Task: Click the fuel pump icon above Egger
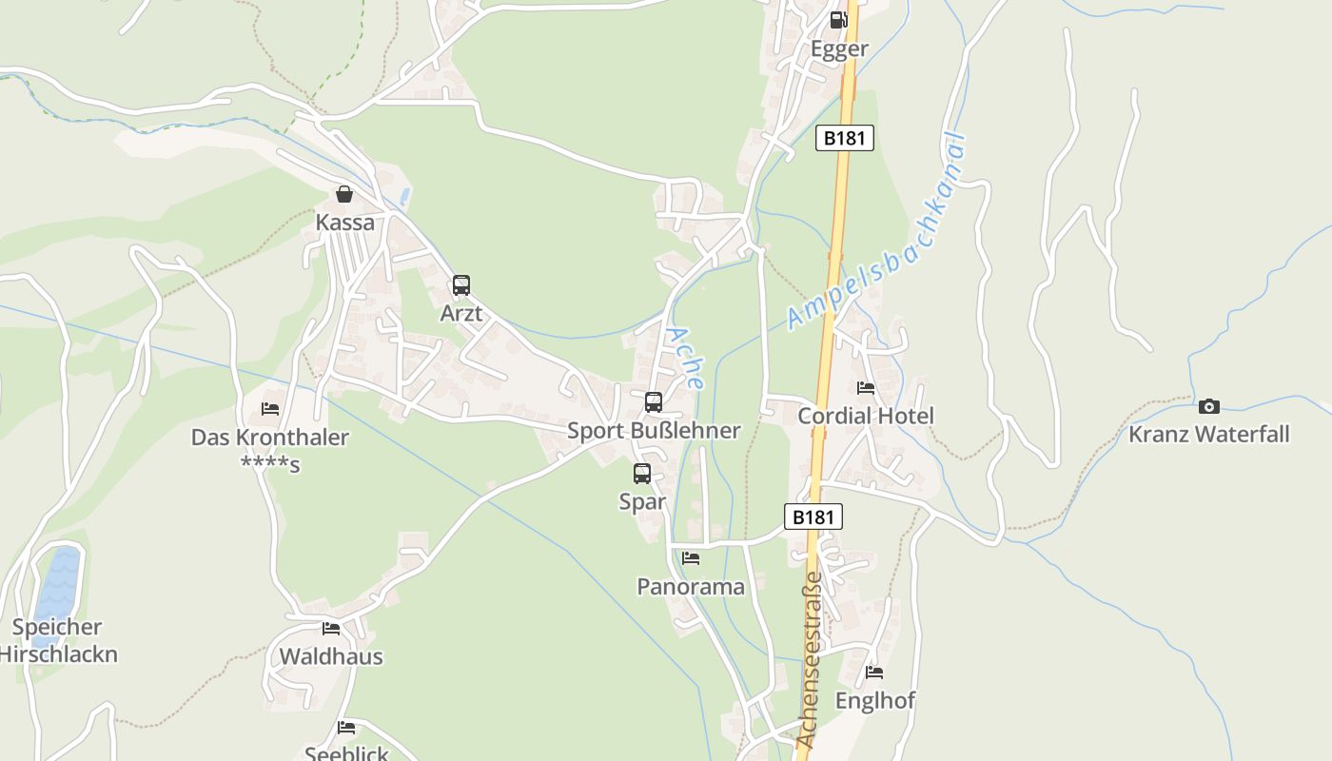click(837, 20)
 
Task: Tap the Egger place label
click(839, 49)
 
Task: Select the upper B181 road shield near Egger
click(844, 138)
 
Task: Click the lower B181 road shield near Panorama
click(813, 517)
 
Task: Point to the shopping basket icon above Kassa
click(344, 194)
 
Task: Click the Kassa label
click(344, 223)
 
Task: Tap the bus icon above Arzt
click(461, 284)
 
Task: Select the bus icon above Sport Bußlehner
click(654, 401)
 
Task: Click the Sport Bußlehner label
click(654, 431)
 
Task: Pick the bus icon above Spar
click(642, 473)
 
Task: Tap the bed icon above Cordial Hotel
click(866, 387)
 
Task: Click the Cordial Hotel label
click(866, 416)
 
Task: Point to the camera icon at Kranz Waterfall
click(1209, 406)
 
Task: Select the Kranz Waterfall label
click(1209, 435)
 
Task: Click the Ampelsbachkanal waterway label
click(877, 233)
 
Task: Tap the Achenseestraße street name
click(810, 658)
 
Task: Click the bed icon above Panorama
click(691, 557)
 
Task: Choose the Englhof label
click(875, 701)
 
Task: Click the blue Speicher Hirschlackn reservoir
click(58, 582)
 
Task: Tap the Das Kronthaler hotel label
click(270, 439)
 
